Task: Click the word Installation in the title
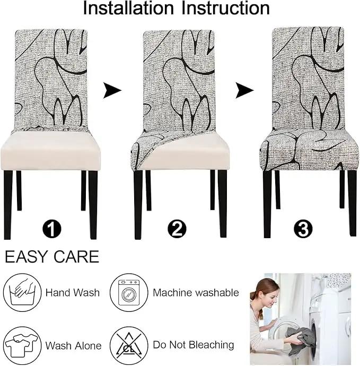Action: [128, 8]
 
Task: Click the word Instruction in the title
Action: [225, 8]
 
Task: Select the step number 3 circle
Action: [303, 229]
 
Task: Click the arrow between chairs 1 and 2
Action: [112, 90]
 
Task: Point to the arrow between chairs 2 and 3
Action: [244, 90]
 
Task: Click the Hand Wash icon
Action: [22, 292]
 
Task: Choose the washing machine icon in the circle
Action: [129, 292]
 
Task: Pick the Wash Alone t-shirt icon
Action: [22, 345]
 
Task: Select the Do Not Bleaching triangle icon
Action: [129, 345]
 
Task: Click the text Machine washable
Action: [196, 292]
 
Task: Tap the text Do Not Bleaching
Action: [194, 345]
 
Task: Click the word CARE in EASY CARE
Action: [76, 257]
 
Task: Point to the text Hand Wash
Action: [73, 292]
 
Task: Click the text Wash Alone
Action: [74, 346]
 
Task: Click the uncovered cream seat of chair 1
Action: [50, 151]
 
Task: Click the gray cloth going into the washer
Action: [300, 338]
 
